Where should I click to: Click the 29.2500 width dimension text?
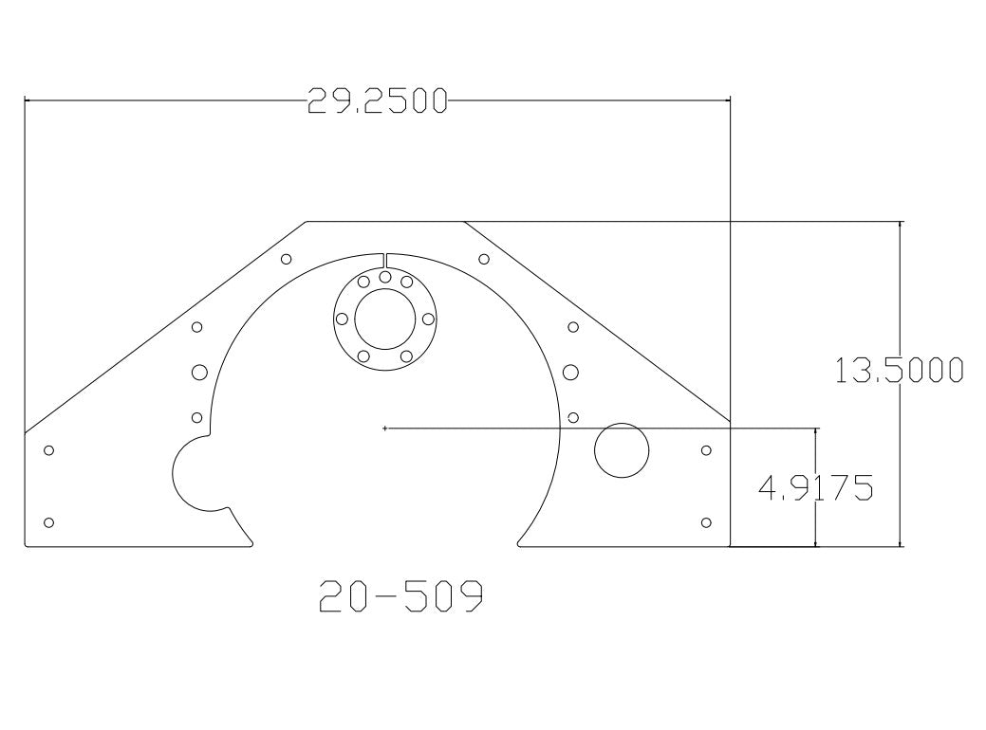coord(378,100)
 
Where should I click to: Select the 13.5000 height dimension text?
coord(899,370)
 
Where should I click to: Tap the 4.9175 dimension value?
coord(816,487)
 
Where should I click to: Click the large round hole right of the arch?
coord(622,450)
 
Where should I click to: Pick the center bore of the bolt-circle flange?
coord(385,319)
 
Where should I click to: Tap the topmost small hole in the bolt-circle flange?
coord(385,277)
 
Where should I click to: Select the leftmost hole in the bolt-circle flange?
coord(342,319)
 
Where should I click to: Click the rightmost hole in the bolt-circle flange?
coord(428,319)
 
